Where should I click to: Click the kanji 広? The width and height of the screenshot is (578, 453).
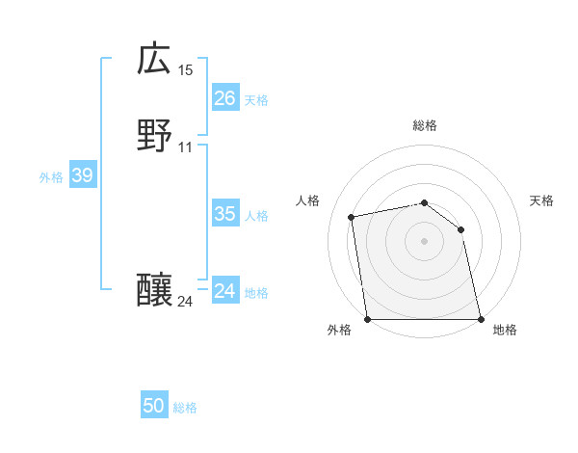tap(154, 59)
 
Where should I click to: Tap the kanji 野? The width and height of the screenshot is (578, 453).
tap(154, 136)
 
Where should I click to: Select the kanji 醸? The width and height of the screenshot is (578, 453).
tap(154, 290)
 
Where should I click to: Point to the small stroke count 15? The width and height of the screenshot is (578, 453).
tap(186, 70)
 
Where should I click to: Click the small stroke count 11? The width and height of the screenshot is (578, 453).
tap(186, 147)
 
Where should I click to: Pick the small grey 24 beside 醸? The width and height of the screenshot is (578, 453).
tap(186, 302)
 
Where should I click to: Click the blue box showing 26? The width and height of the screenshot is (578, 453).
tap(224, 98)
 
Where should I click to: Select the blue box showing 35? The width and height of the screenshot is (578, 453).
tap(224, 214)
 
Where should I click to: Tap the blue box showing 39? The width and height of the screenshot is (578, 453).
tap(82, 175)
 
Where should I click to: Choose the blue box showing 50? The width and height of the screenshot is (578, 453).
tap(154, 406)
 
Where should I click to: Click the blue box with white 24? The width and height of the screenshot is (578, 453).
tap(224, 291)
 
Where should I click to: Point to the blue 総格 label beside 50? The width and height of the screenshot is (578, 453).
tap(185, 408)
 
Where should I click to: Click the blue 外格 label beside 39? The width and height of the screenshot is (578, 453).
tap(51, 177)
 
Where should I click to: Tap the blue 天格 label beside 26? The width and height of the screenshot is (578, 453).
tap(256, 100)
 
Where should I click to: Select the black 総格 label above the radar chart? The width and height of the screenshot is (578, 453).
tap(425, 125)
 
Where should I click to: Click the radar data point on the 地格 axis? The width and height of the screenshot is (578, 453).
tap(480, 319)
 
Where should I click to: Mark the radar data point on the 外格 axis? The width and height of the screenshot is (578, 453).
tap(368, 319)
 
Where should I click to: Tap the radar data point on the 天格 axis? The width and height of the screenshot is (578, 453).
tap(461, 229)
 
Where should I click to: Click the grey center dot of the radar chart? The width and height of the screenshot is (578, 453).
tap(425, 241)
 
